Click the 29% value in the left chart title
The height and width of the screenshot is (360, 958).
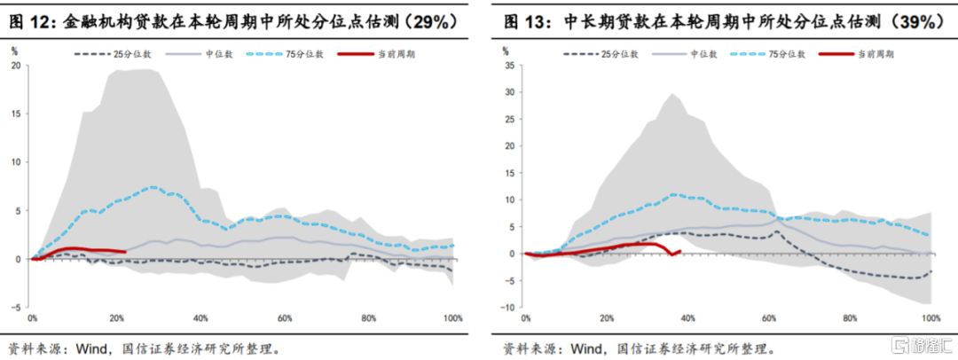pyautogui.click(x=431, y=20)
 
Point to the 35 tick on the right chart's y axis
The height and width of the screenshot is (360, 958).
pyautogui.click(x=509, y=65)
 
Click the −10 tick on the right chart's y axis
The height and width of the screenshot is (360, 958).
pyautogui.click(x=507, y=307)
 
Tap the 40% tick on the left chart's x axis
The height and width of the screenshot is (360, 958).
pyautogui.click(x=200, y=317)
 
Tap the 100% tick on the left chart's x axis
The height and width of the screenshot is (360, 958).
pyautogui.click(x=452, y=317)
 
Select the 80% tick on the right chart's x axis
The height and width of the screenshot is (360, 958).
pyautogui.click(x=851, y=317)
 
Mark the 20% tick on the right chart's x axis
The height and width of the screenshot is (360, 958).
pyautogui.click(x=607, y=317)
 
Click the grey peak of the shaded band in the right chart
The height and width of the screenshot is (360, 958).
pyautogui.click(x=671, y=95)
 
